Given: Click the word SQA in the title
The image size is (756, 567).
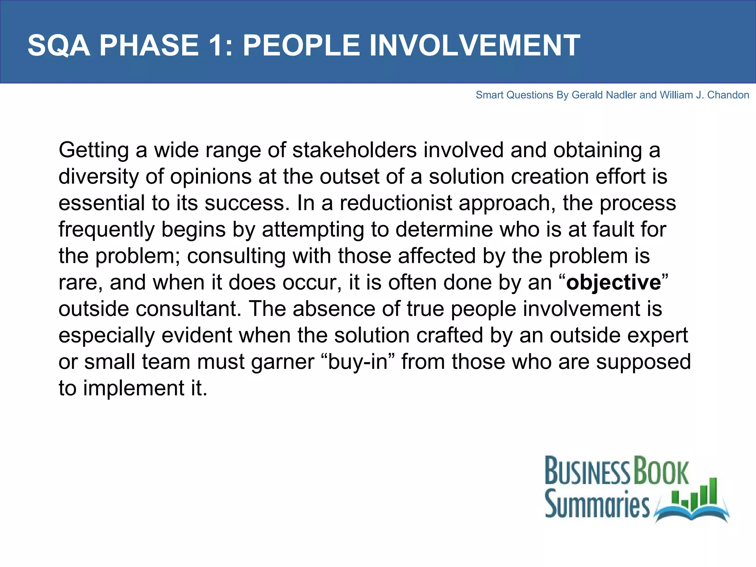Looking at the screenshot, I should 59,46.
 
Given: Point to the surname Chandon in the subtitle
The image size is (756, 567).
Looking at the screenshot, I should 728,95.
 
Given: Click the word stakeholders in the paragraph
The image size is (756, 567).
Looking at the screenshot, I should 354,151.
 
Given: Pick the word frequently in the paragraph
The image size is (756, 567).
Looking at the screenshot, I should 106,230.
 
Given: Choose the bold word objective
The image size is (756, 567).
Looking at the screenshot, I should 614,283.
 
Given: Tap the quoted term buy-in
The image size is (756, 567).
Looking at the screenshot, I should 358,362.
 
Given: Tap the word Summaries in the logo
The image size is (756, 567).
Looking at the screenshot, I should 597,504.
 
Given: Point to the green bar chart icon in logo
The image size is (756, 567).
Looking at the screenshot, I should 696,493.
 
